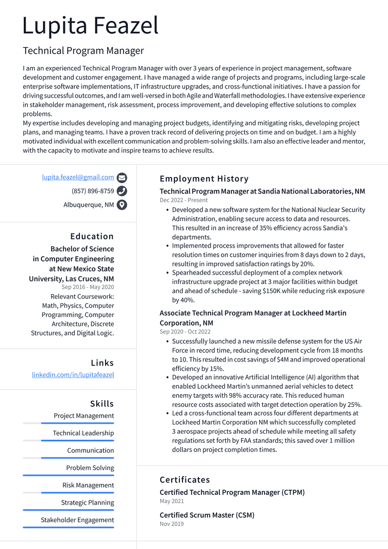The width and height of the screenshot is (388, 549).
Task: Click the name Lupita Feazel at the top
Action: pos(90,26)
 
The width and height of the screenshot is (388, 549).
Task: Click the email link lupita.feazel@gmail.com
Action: pos(78,177)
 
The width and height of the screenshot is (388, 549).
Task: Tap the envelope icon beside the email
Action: pos(122,178)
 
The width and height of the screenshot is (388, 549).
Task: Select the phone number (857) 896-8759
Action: pos(92,191)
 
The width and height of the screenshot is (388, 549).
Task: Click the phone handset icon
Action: pos(122,191)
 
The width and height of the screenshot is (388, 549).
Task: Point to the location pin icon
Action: pos(122,205)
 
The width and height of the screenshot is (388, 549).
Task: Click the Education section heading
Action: pos(92,236)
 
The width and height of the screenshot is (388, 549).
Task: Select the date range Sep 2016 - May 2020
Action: pos(88,287)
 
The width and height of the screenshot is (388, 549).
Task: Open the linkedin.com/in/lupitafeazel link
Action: pos(73,375)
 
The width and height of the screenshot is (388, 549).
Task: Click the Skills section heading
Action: pos(102,403)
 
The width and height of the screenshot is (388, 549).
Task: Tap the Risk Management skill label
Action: pos(88,485)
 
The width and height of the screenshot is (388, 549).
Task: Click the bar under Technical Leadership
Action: pos(68,441)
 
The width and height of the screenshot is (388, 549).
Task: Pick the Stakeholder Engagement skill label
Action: pos(77,520)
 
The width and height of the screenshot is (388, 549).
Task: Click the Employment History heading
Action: pos(204,178)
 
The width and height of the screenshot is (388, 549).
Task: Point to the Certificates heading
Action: pos(184,479)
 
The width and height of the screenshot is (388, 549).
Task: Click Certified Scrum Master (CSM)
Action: pos(207,515)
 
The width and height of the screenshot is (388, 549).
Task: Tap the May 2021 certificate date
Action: pos(172,501)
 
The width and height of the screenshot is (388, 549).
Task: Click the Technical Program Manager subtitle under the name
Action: pos(83,51)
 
